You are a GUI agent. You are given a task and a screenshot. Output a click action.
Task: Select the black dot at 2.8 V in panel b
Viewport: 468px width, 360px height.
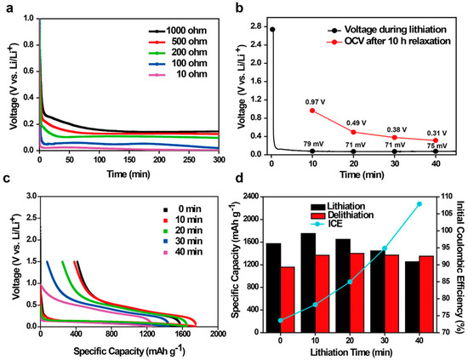[271, 29]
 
